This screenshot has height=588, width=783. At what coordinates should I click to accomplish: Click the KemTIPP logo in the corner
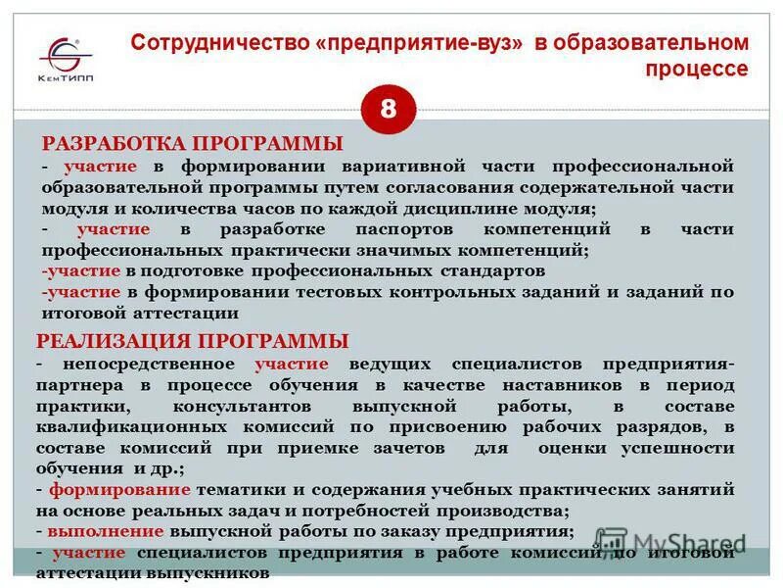click(67, 59)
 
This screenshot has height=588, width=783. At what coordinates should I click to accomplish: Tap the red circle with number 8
click(389, 109)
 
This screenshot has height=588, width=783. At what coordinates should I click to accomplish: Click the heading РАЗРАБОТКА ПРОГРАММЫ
click(191, 143)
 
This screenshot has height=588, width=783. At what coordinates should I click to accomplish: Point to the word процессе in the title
click(696, 70)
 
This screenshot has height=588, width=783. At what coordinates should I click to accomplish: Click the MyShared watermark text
click(675, 542)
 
